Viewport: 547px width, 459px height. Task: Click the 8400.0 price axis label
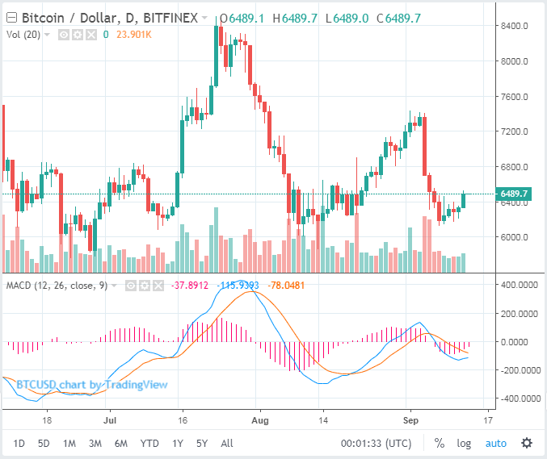tap(514, 26)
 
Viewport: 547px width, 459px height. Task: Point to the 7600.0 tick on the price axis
tap(514, 97)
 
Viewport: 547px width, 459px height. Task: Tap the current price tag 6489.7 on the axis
tap(514, 194)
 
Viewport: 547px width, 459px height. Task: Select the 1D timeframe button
tap(19, 443)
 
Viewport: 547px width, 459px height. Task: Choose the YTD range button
tap(149, 443)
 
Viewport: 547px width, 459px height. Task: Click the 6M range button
tap(120, 443)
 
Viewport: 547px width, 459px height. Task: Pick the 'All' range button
tap(227, 443)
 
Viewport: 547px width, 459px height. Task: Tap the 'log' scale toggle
tap(464, 443)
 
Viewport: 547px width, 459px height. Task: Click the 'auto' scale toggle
tap(495, 443)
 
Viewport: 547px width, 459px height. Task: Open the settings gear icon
tap(527, 443)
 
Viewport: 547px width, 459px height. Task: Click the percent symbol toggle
tap(440, 443)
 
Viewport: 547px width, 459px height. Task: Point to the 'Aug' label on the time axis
tap(259, 420)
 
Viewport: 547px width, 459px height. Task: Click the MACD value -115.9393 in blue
tap(240, 285)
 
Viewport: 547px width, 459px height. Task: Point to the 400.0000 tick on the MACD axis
tap(516, 285)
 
